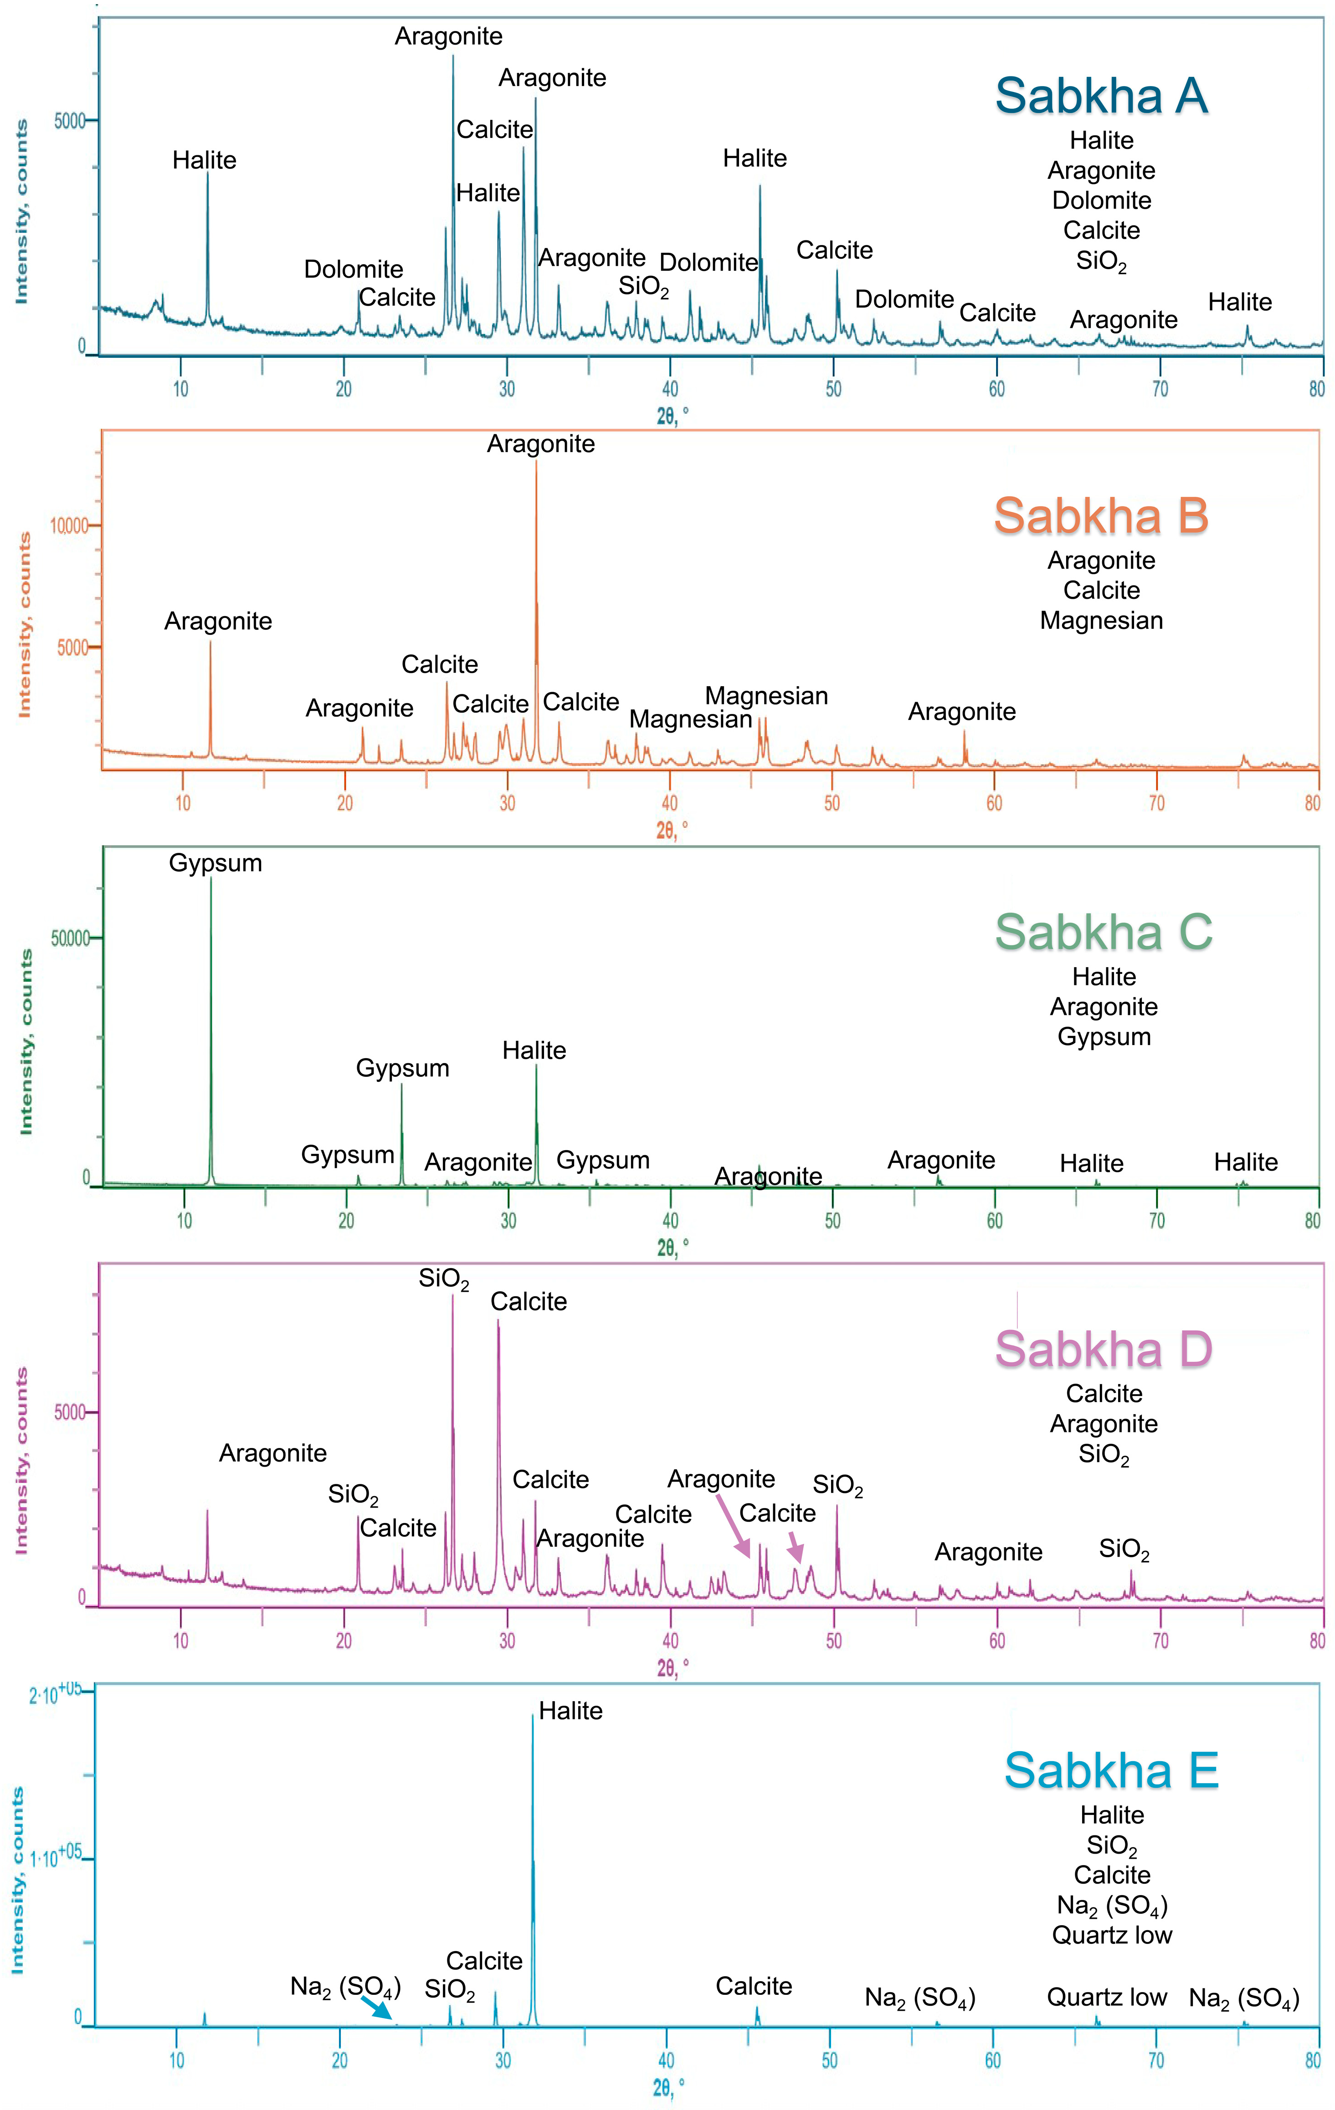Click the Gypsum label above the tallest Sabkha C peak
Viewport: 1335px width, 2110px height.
coord(216,863)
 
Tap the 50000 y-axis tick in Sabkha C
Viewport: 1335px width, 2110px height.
coord(70,938)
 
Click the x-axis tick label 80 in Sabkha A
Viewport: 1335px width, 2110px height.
coord(1317,389)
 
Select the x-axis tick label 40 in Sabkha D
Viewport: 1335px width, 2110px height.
coord(670,1641)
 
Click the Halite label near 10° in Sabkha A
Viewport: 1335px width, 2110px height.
coord(204,160)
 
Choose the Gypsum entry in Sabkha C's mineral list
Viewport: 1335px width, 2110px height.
coord(1104,1037)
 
